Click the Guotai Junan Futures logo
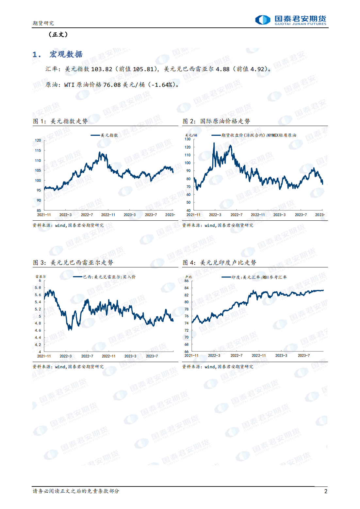[290, 20]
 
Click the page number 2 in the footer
[325, 491]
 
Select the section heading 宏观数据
[66, 54]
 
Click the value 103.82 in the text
[102, 69]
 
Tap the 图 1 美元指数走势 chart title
[60, 121]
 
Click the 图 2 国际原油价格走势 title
[216, 121]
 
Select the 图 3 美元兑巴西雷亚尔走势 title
[73, 262]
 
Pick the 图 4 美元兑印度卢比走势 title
[219, 262]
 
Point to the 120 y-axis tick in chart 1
[38, 140]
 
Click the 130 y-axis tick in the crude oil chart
[188, 139]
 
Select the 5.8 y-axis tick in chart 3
[38, 288]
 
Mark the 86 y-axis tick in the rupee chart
[187, 281]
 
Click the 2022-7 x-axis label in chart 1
[87, 215]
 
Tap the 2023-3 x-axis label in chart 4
[281, 356]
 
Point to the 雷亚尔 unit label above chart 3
[41, 277]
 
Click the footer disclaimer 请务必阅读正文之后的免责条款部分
[76, 491]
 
